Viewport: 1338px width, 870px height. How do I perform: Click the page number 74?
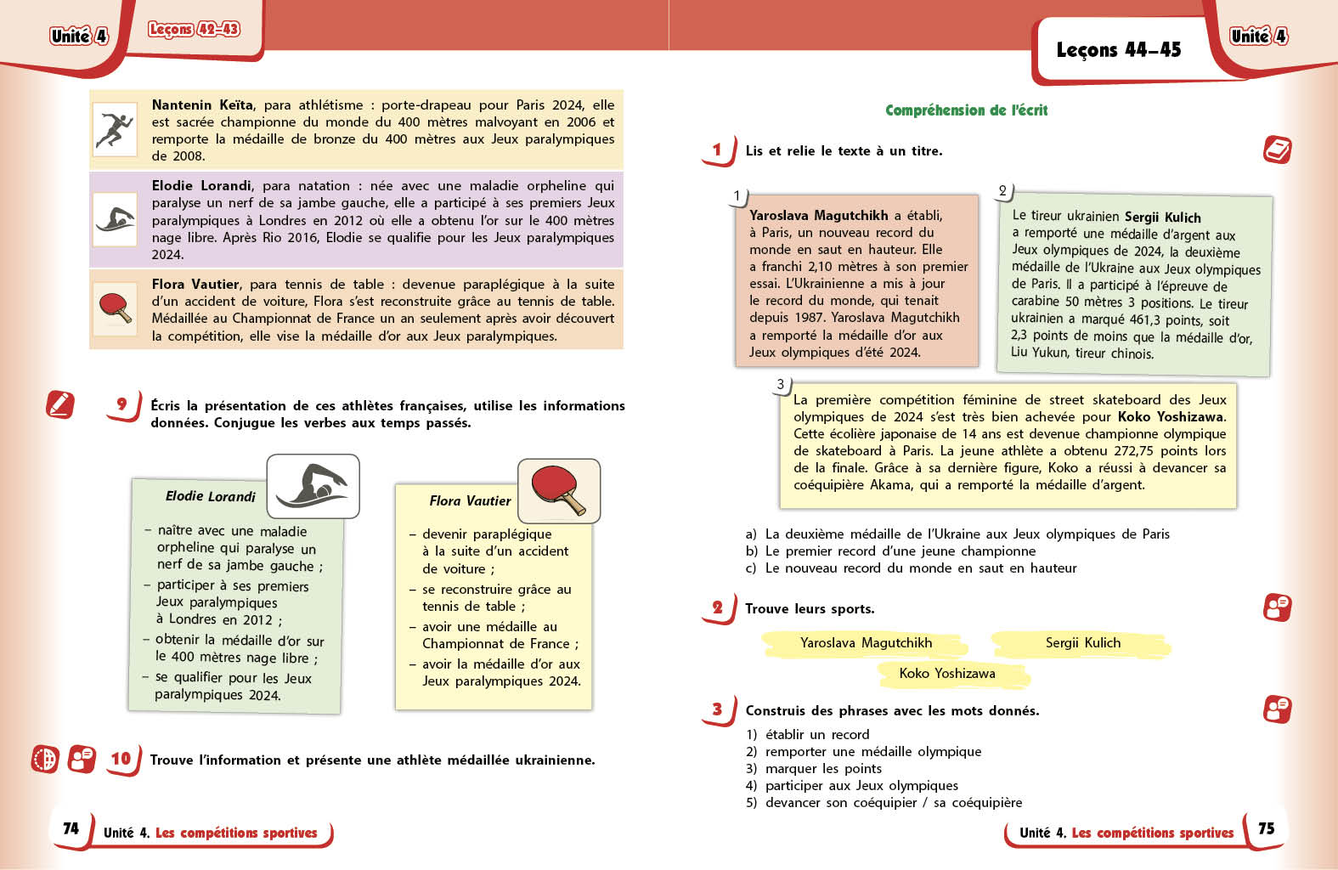pyautogui.click(x=71, y=828)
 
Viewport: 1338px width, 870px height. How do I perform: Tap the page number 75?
pyautogui.click(x=1266, y=828)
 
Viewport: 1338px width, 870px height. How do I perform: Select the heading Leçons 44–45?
pyautogui.click(x=1118, y=50)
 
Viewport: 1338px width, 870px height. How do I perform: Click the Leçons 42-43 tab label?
pyautogui.click(x=194, y=30)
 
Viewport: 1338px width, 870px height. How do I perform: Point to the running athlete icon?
pyautogui.click(x=115, y=130)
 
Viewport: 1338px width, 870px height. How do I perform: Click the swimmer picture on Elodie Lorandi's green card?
pyautogui.click(x=313, y=486)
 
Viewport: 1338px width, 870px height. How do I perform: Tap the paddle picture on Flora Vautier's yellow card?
pyautogui.click(x=559, y=490)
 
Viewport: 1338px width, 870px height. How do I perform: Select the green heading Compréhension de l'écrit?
pyautogui.click(x=966, y=110)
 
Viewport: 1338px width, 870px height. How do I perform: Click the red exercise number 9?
pyautogui.click(x=122, y=404)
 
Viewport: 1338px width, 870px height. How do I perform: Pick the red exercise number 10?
pyautogui.click(x=121, y=759)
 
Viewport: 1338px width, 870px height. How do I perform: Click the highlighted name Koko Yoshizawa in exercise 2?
pyautogui.click(x=947, y=674)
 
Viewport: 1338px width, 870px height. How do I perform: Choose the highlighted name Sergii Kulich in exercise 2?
pyautogui.click(x=1082, y=643)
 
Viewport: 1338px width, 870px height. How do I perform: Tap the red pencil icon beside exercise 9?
pyautogui.click(x=60, y=404)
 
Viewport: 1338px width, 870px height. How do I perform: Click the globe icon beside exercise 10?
pyautogui.click(x=45, y=759)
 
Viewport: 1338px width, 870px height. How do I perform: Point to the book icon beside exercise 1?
pyautogui.click(x=1277, y=150)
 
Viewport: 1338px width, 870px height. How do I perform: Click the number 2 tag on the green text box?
pyautogui.click(x=1002, y=191)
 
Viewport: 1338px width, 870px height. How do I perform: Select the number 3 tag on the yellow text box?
pyautogui.click(x=780, y=385)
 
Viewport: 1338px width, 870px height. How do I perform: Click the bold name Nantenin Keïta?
pyautogui.click(x=202, y=105)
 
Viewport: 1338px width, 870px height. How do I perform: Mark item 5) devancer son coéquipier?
pyautogui.click(x=884, y=803)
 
